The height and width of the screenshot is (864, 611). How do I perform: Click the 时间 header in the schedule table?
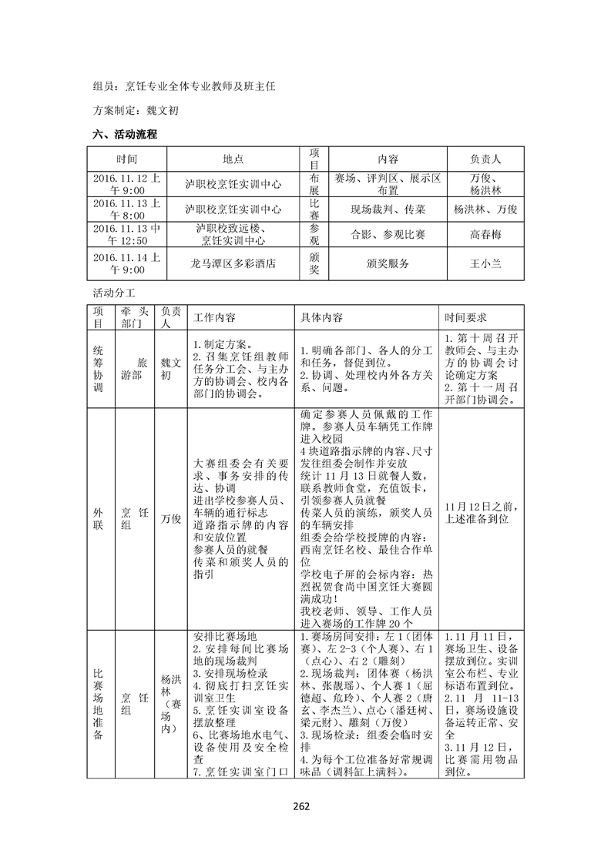tap(127, 159)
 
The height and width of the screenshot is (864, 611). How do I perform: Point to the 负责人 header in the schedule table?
tap(485, 159)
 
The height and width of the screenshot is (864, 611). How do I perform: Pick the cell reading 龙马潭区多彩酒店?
tap(234, 263)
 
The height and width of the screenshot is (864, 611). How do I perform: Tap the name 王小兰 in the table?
tap(485, 263)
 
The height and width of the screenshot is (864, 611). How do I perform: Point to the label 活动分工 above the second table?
tap(113, 293)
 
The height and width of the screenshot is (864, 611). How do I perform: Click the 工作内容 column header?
tap(215, 317)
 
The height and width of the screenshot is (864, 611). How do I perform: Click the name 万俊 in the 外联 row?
tap(171, 518)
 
